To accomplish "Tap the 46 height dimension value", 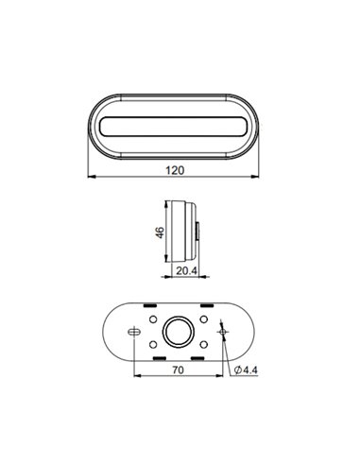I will coord(160,232).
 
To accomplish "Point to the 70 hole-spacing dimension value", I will coord(176,370).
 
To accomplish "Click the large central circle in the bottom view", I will coord(177,332).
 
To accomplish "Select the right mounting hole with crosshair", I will coord(222,332).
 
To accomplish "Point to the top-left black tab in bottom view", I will coord(149,307).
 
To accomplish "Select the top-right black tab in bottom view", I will coord(204,307).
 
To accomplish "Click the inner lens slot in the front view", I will coord(177,126).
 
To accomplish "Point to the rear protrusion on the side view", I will coord(198,231).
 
